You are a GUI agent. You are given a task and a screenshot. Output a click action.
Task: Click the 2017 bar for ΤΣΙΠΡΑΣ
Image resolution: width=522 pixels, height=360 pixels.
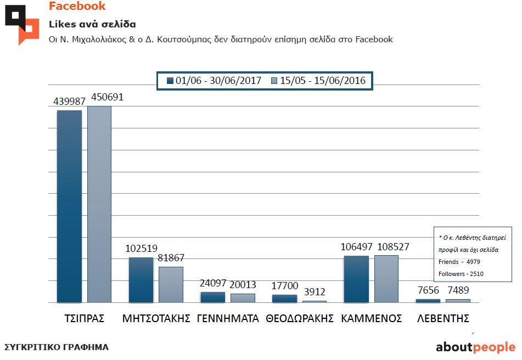click(x=69, y=206)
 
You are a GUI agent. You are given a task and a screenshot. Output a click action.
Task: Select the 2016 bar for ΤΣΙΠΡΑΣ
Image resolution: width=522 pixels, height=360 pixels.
click(x=99, y=204)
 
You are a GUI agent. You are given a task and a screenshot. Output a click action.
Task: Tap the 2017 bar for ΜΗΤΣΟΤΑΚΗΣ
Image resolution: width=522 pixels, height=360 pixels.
click(x=141, y=280)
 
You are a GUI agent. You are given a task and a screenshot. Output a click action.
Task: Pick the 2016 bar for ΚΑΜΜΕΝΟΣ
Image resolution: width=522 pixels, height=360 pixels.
click(x=386, y=279)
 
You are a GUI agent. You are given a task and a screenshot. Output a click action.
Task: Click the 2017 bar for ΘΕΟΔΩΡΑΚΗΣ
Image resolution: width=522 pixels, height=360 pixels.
click(x=284, y=299)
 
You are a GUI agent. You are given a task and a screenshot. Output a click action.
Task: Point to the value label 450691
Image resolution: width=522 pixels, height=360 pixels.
click(x=107, y=98)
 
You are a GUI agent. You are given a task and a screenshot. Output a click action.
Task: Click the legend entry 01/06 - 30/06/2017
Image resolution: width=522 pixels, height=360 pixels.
click(x=213, y=81)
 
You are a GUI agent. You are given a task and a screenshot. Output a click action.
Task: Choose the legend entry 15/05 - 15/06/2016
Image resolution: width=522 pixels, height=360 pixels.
click(x=318, y=81)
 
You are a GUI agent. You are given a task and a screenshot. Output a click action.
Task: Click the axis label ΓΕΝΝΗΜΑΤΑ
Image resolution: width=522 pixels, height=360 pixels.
click(x=228, y=319)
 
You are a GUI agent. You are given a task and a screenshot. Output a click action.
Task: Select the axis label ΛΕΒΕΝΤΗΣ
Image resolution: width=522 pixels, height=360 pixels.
click(x=442, y=319)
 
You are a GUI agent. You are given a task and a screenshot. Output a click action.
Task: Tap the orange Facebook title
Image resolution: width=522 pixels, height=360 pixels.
click(x=77, y=7)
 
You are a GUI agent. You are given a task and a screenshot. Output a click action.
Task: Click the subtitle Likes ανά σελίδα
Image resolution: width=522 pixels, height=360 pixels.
click(x=92, y=25)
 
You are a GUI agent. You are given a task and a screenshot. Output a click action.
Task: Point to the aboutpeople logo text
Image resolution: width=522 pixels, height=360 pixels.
click(x=475, y=347)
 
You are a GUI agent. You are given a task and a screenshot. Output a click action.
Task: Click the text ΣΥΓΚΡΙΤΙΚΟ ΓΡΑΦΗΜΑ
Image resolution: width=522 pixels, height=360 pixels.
click(x=57, y=347)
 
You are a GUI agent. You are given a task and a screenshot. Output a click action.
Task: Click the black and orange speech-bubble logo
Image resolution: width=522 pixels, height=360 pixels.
click(x=22, y=24)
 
